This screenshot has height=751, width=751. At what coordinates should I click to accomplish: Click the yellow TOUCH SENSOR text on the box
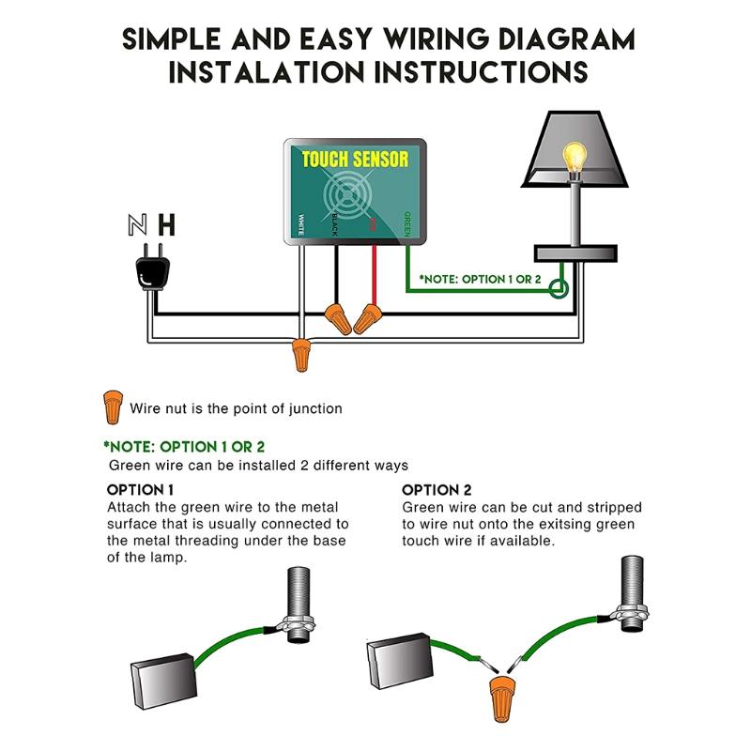pos(355,160)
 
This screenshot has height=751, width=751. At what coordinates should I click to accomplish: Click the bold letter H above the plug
pos(166,225)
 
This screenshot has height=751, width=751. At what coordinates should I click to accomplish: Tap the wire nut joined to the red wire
pos(367,318)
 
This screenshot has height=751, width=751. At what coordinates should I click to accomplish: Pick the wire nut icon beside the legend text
pos(112,407)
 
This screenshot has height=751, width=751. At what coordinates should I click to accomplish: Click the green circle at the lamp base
pos(559,288)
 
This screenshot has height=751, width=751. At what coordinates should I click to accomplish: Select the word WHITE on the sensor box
pos(300,225)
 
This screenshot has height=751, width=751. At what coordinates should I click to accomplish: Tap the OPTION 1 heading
pos(140,490)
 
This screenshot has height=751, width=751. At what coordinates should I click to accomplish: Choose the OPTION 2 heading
pos(437,490)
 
